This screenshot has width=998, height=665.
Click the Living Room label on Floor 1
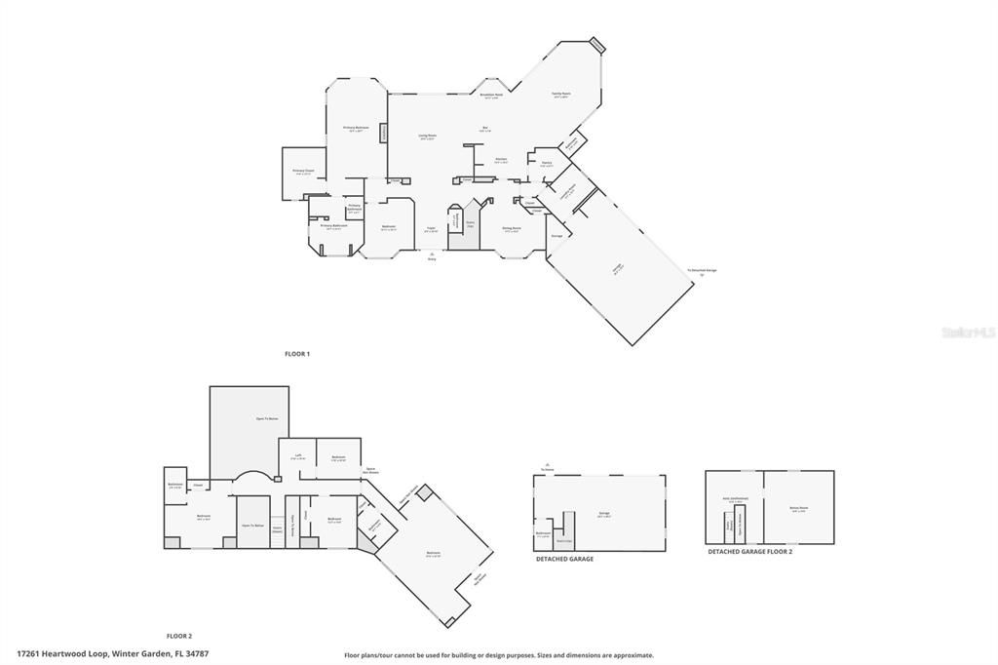pos(427,137)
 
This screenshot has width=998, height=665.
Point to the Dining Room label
pos(512,229)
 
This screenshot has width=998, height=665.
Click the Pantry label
pos(547,164)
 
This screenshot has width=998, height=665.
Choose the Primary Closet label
pos(303,172)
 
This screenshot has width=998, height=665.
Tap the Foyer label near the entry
pos(431,229)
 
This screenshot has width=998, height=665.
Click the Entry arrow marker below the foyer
pos(432,256)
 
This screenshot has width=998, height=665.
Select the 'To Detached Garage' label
pos(702,270)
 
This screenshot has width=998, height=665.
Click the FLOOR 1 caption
pos(296,353)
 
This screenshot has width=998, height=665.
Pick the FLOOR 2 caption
pos(178,636)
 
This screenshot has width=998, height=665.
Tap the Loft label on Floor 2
pos(298,456)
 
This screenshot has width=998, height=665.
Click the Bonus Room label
pos(797,509)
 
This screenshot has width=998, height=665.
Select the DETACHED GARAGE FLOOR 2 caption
pos(749,552)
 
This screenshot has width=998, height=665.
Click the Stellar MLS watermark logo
pos(968,332)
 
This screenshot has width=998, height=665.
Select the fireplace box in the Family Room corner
pos(597,45)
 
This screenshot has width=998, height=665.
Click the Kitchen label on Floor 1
pos(500,160)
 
